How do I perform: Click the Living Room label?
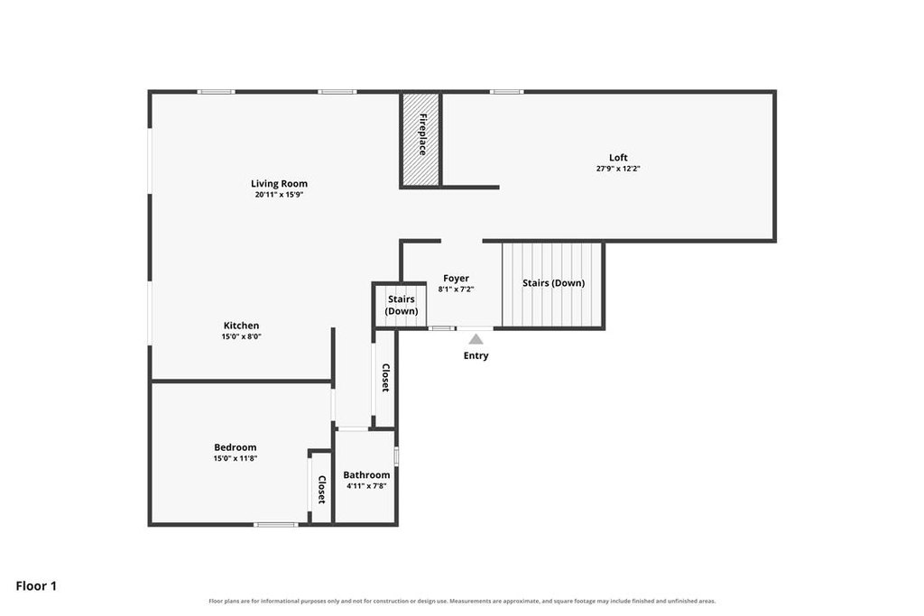279,184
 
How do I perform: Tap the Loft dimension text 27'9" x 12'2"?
618,169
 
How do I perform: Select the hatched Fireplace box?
420,139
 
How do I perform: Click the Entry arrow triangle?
476,339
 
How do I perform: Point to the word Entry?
476,355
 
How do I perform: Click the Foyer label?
456,278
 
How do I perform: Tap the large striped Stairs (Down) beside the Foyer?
553,284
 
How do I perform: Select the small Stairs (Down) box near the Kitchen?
402,305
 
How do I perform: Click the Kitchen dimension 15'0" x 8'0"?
241,336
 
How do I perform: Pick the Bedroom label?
236,447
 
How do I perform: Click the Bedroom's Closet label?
322,490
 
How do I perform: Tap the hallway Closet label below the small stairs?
385,378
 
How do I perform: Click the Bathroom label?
366,474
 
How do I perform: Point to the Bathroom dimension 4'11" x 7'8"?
366,486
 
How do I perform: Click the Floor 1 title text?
36,586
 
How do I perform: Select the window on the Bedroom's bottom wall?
276,524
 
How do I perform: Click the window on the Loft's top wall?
506,92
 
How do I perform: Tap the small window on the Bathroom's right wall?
397,456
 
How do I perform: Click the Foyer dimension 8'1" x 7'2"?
456,290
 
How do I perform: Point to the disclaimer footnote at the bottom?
462,602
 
